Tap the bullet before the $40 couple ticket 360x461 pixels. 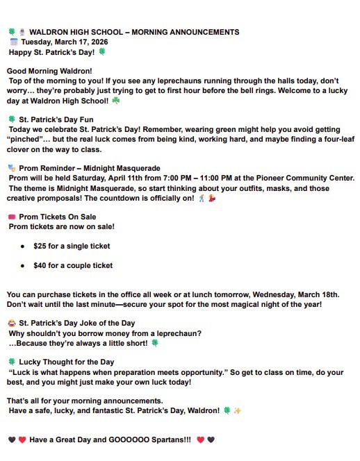[23, 266]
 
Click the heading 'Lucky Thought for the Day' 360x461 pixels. [66, 362]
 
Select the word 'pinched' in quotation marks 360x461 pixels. [26, 140]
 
